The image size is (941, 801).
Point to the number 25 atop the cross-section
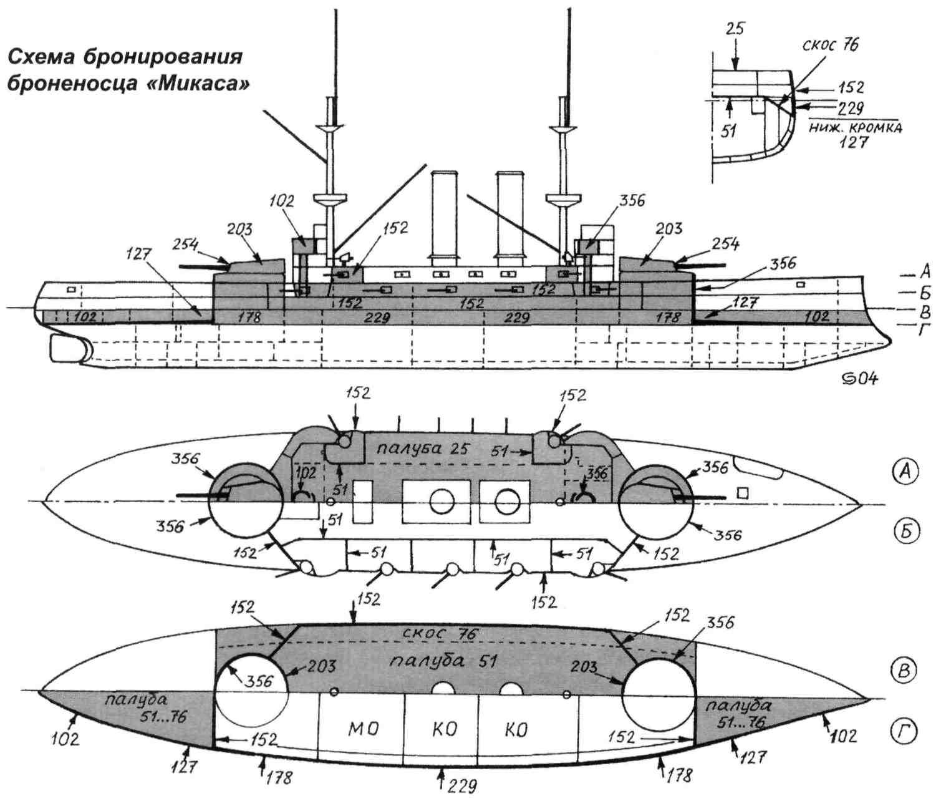(735, 29)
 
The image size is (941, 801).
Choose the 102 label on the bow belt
(84, 316)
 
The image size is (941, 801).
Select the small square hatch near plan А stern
(742, 493)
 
